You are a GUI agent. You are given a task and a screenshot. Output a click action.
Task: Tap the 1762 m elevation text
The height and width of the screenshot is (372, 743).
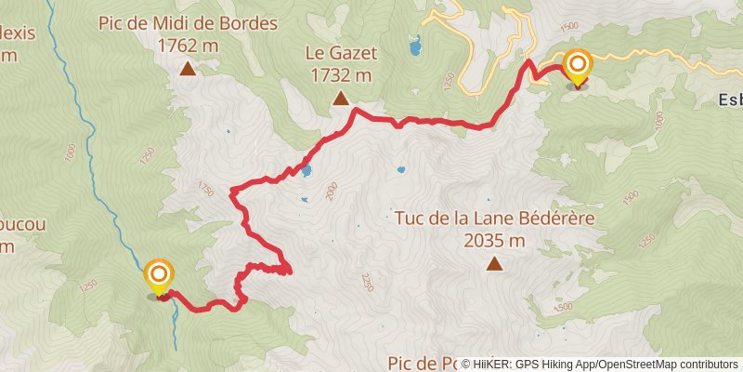(188, 45)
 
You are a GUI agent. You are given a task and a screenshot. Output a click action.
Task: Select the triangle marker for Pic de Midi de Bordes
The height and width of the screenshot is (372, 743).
(188, 68)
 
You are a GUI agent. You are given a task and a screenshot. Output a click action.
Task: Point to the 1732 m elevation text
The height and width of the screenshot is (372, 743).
(340, 74)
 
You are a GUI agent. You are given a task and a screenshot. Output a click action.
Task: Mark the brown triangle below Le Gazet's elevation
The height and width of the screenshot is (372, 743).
(340, 99)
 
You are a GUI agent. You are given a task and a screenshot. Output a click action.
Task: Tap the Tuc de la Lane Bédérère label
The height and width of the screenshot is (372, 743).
(494, 220)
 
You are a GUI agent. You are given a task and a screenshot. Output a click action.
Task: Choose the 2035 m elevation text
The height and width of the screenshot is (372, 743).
(494, 241)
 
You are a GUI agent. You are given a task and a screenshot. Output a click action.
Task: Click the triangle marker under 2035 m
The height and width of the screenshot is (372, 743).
(494, 265)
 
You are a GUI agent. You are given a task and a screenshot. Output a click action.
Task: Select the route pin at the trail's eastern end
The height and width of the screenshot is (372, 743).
(578, 66)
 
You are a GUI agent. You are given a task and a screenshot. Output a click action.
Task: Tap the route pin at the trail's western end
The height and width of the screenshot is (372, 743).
(159, 275)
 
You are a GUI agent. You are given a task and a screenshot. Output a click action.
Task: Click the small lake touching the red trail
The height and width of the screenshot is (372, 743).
(306, 171)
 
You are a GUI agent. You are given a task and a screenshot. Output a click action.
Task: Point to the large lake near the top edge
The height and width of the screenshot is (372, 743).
(412, 44)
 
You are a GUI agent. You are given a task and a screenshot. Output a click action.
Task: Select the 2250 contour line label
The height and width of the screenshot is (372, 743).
(368, 281)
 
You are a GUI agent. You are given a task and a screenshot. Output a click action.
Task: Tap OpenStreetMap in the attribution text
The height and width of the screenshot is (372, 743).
(636, 364)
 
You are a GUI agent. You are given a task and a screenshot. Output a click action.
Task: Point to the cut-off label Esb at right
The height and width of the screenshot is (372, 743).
(730, 99)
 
